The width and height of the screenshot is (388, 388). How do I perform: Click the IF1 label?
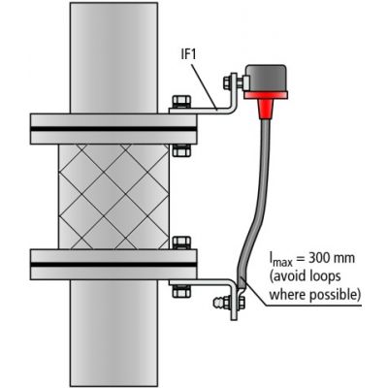click(x=189, y=55)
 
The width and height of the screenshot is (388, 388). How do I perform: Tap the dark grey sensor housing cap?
click(x=265, y=78)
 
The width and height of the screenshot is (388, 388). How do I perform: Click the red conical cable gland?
click(x=266, y=109)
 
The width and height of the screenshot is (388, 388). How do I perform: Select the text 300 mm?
click(x=332, y=258)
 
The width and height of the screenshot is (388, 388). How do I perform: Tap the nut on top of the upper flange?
click(x=181, y=102)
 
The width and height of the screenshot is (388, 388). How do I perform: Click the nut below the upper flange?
click(x=181, y=150)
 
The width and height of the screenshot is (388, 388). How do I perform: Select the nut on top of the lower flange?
click(x=181, y=242)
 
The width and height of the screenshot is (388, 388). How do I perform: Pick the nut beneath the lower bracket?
click(x=181, y=291)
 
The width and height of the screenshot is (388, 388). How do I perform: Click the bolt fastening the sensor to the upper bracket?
click(x=234, y=82)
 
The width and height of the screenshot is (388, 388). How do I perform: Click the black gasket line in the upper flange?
click(x=113, y=129)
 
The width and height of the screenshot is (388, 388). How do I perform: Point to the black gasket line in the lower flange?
click(x=113, y=264)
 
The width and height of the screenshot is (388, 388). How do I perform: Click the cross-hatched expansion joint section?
click(x=113, y=197)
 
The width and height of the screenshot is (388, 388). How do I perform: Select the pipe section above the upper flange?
click(x=113, y=58)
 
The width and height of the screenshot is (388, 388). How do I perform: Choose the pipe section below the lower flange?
click(x=113, y=333)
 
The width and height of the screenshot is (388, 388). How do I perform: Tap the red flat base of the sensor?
click(x=266, y=95)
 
